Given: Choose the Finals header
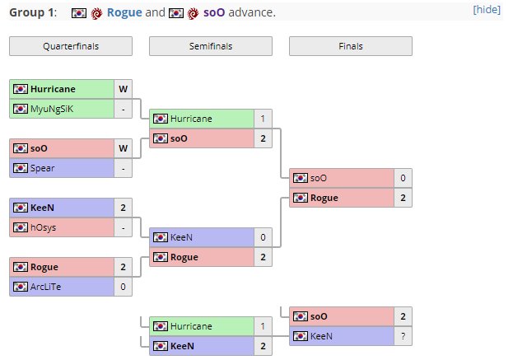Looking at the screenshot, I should click(x=351, y=46).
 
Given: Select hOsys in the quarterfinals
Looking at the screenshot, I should click(x=44, y=227).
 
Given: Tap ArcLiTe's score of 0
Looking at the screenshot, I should click(x=123, y=287).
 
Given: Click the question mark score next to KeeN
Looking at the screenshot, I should click(x=403, y=336).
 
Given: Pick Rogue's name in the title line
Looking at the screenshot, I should click(x=124, y=13).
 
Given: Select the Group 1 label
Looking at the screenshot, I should click(x=30, y=13).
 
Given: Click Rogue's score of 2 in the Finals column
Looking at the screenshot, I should click(x=403, y=198).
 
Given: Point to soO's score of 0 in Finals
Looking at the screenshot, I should click(x=403, y=177).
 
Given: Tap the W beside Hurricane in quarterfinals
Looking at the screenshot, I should click(x=123, y=87).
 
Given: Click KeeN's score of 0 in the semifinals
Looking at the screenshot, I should click(x=263, y=236).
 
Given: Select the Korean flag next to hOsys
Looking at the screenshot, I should click(x=21, y=227).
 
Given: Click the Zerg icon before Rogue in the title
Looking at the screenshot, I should click(x=97, y=13).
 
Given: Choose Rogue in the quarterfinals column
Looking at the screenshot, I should click(x=44, y=267).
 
